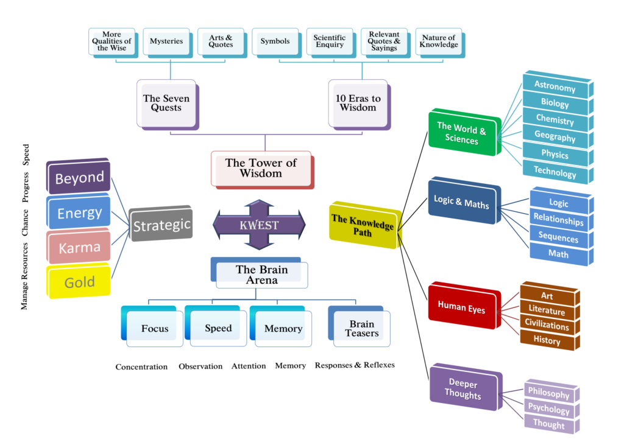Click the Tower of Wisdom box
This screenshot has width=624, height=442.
pyautogui.click(x=261, y=169)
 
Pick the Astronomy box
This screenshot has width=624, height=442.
pyautogui.click(x=555, y=86)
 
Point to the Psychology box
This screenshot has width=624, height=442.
pyautogui.click(x=548, y=409)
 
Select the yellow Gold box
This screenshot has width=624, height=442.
pyautogui.click(x=79, y=282)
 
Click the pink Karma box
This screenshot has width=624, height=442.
pyautogui.click(x=79, y=248)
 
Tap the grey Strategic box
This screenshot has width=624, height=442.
pyautogui.click(x=161, y=225)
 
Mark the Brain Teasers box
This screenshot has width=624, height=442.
pyautogui.click(x=361, y=329)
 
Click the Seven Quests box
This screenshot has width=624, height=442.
pyautogui.click(x=166, y=103)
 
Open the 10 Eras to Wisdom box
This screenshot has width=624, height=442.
pyautogui.click(x=358, y=103)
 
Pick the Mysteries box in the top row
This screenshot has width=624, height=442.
pyautogui.click(x=166, y=41)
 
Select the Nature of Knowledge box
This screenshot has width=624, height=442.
pyautogui.click(x=439, y=41)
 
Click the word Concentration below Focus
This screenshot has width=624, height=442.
pyautogui.click(x=141, y=367)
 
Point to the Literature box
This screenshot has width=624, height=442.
pyautogui.click(x=547, y=311)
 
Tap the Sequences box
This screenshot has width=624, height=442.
pyautogui.click(x=558, y=237)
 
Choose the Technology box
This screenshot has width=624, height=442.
pyautogui.click(x=555, y=172)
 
